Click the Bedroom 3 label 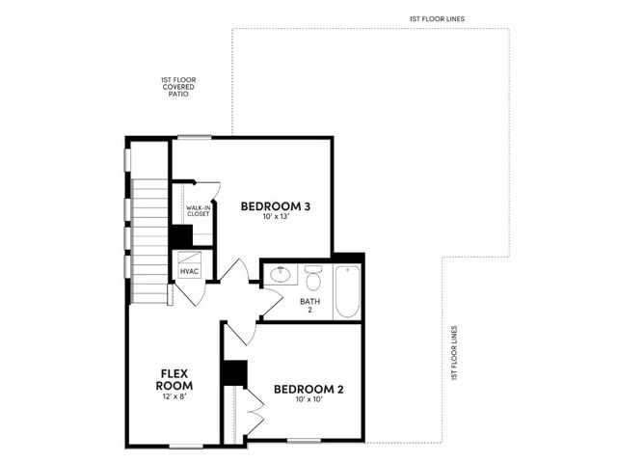coord(276,206)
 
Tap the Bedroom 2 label coord(308,390)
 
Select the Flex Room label coord(174,379)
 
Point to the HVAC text coord(190,272)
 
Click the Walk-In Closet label coord(198,210)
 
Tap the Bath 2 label coord(310,306)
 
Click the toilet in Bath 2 coord(313,278)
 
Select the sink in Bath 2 coord(281,274)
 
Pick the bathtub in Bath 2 coord(347,291)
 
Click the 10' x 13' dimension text coord(277,216)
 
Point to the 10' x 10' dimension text coord(308,399)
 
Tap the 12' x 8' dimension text coord(174,396)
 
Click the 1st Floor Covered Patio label coord(178,87)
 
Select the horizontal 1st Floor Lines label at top coord(437,18)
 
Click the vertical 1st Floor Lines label coord(454,353)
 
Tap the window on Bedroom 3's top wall coord(195,137)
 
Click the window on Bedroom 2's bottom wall coord(304,441)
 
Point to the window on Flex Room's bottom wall coord(186,447)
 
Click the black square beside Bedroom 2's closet coord(234,373)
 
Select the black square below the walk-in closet coord(181,236)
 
